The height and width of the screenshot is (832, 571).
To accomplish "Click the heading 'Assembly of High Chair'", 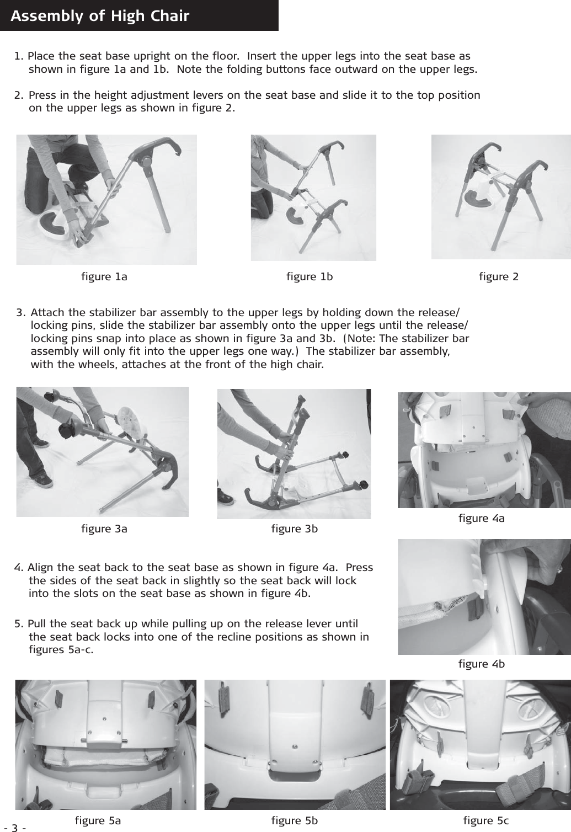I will (x=100, y=16).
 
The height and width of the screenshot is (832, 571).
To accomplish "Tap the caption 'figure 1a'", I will (x=104, y=276).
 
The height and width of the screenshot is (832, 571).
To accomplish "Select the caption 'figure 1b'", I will (x=309, y=276).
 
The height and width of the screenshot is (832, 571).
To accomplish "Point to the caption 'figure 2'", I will (x=499, y=276).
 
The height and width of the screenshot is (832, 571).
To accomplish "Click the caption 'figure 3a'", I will (x=104, y=529).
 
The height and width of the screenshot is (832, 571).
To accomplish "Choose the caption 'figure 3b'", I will (x=295, y=529).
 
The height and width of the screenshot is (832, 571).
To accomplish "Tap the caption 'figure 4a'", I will (x=481, y=518).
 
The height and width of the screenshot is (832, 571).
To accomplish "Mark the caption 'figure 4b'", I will (x=481, y=664).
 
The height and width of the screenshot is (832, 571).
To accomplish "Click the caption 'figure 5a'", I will (x=98, y=820).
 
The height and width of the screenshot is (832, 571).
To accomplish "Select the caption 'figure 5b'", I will (x=295, y=820).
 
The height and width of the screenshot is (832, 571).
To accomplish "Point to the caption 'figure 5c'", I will (x=486, y=820).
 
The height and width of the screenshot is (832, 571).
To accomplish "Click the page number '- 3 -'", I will (x=15, y=828).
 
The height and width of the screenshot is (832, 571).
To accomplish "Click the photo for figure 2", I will (x=500, y=196).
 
